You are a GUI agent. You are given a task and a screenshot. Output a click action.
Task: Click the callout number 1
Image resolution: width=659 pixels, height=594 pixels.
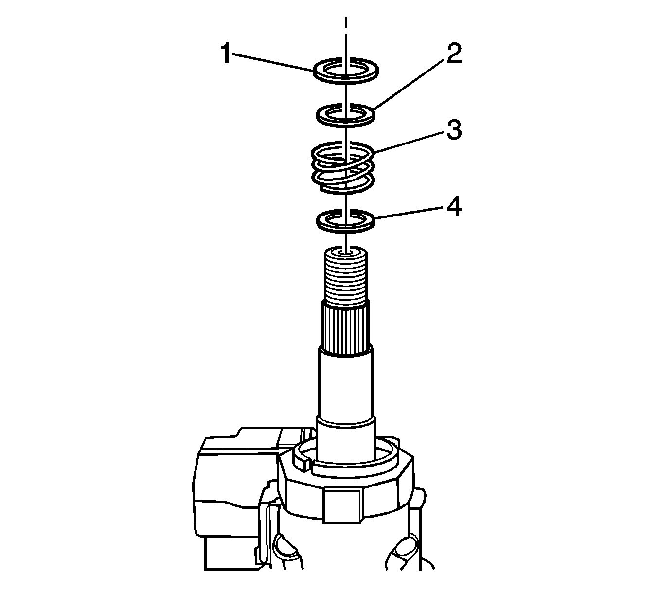coord(226,54)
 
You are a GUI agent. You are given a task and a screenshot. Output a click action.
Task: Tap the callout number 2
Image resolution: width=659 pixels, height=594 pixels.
coord(454,54)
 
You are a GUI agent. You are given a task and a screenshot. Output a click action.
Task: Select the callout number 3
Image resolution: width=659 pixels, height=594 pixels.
coord(454,130)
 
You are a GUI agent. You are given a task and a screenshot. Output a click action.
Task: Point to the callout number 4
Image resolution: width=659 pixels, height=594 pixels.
coord(454,207)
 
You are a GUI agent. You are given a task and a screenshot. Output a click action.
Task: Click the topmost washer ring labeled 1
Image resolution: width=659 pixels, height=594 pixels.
coord(346,78)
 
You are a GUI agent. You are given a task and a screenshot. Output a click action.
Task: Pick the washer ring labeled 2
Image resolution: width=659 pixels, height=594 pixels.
coord(345,123)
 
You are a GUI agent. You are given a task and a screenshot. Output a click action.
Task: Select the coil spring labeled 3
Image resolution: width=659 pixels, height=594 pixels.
coord(343,168)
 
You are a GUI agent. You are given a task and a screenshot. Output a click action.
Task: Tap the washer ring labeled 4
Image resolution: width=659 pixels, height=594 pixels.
coord(345,228)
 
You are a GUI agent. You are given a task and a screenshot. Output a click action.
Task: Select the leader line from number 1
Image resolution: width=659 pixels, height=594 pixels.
coord(272,62)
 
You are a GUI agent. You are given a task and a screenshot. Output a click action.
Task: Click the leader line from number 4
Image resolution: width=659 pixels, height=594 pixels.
coord(410,213)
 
